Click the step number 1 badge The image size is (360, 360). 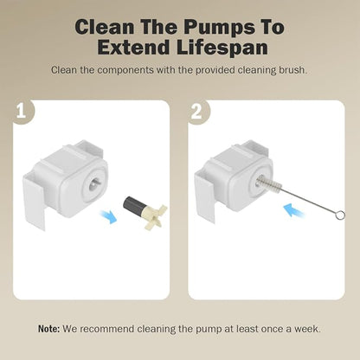[x=21, y=112]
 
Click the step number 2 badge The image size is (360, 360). [x=196, y=112]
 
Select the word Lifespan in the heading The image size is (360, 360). [x=222, y=48]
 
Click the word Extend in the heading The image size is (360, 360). [x=133, y=48]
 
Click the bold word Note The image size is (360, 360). [x=49, y=329]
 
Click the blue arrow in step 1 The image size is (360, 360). [x=107, y=216]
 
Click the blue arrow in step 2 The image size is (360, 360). [x=293, y=210]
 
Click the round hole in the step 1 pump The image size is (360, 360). [x=93, y=183]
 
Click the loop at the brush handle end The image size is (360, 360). [x=340, y=215]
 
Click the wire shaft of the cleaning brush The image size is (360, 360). [x=309, y=202]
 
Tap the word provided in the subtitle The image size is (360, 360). [x=214, y=70]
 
